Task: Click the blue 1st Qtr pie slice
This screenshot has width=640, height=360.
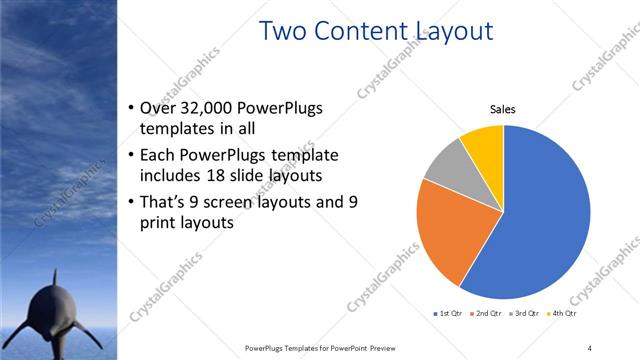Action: tap(540, 220)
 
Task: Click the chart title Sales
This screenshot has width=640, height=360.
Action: tap(502, 110)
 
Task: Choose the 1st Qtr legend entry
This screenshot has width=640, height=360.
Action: tap(446, 313)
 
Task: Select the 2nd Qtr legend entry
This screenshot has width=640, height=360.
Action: tap(486, 313)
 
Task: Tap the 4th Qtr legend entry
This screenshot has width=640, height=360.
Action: tap(564, 313)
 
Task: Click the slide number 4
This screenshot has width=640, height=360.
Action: tap(590, 347)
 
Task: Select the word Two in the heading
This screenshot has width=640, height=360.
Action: tap(282, 31)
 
